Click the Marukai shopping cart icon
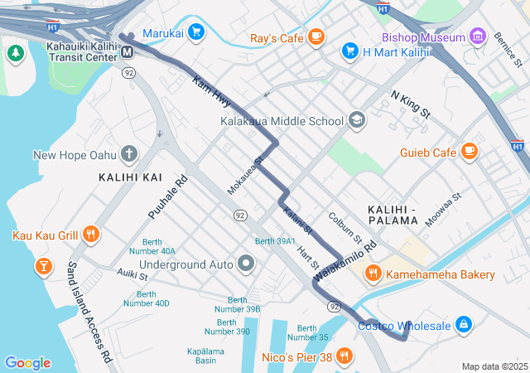195,32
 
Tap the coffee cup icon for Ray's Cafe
316,36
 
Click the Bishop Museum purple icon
477,36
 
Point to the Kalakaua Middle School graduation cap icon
357,120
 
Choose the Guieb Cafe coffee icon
470,152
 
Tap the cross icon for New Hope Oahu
128,154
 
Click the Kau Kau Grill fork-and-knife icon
91,235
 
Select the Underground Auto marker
245,264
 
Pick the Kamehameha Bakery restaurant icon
373,274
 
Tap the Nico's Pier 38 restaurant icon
344,356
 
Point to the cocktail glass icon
41,266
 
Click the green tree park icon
15,54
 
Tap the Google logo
27,363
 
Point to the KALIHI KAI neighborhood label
130,177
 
